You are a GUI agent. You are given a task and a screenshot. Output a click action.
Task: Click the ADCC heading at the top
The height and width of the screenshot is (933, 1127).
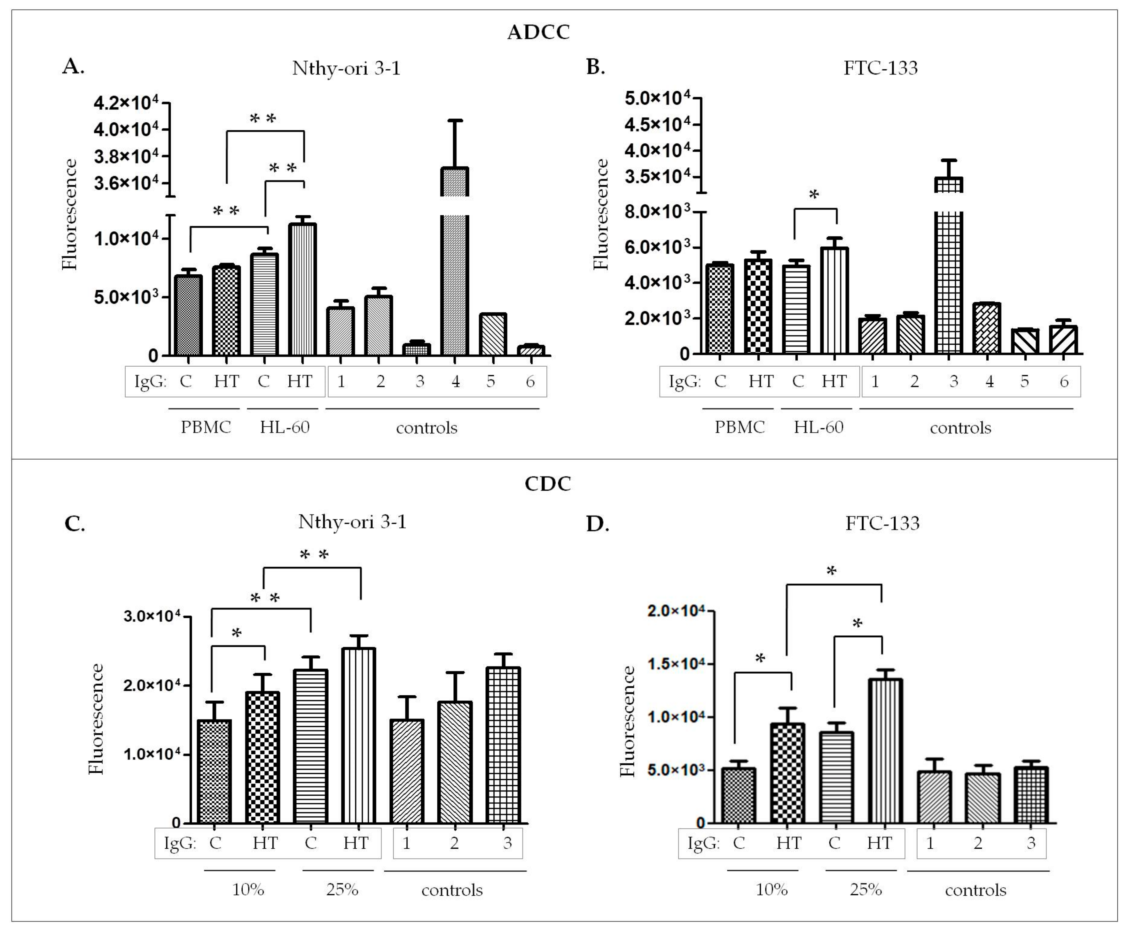pyautogui.click(x=538, y=33)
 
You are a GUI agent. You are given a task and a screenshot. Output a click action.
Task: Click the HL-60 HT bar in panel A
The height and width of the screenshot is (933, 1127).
pyautogui.click(x=302, y=290)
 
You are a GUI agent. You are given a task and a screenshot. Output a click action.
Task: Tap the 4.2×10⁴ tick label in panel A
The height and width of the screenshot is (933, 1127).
pyautogui.click(x=126, y=103)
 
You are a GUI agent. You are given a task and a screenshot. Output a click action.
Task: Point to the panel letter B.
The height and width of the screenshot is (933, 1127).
pyautogui.click(x=596, y=67)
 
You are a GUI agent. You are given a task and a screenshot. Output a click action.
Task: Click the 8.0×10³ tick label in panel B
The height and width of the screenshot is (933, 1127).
pyautogui.click(x=657, y=212)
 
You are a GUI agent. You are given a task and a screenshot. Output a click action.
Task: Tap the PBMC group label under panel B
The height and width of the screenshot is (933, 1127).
pyautogui.click(x=740, y=427)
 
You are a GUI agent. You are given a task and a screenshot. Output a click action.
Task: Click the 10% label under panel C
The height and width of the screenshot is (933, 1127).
pyautogui.click(x=248, y=890)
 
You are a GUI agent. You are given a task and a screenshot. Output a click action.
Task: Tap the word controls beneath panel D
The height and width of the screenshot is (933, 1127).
pyautogui.click(x=975, y=891)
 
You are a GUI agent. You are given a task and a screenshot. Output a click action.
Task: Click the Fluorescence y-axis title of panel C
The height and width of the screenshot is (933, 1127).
pyautogui.click(x=96, y=719)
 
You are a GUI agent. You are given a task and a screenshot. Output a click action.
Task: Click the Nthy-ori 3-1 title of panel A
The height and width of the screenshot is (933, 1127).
pyautogui.click(x=346, y=69)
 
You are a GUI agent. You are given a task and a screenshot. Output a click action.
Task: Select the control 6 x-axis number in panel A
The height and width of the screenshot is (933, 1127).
pyautogui.click(x=530, y=381)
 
